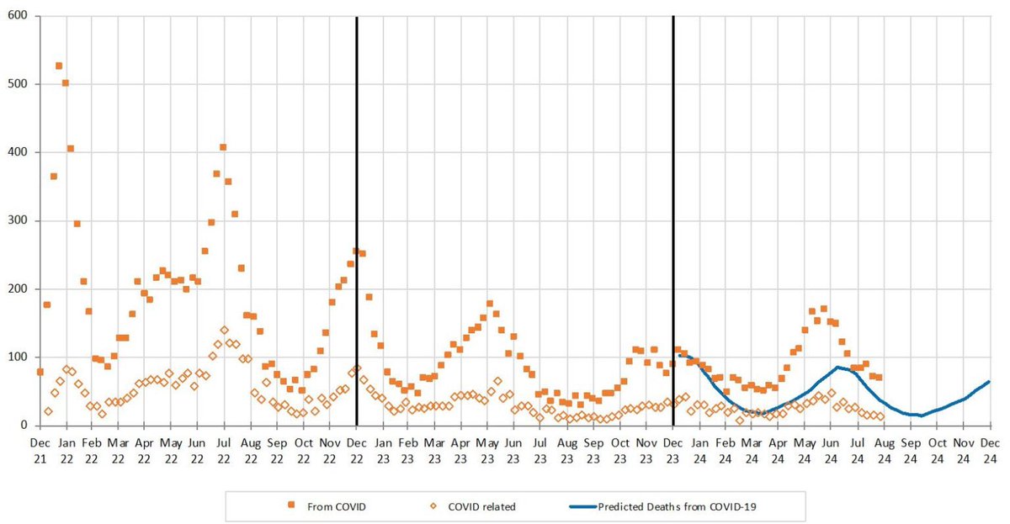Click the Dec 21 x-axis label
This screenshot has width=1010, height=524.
pyautogui.click(x=40, y=450)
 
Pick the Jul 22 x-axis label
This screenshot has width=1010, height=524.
pyautogui.click(x=224, y=450)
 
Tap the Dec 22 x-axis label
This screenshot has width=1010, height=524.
pyautogui.click(x=356, y=450)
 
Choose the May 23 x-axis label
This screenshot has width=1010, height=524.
pyautogui.click(x=487, y=450)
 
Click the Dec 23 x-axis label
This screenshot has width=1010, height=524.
pyautogui.click(x=673, y=450)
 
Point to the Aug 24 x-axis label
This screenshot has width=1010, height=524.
pyautogui.click(x=884, y=450)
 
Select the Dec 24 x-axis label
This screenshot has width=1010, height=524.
pyautogui.click(x=989, y=450)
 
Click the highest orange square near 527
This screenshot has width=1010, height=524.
pyautogui.click(x=59, y=66)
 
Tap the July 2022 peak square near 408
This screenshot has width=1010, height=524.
pyautogui.click(x=223, y=147)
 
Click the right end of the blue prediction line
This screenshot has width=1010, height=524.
pyautogui.click(x=989, y=382)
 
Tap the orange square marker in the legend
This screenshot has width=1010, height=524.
pyautogui.click(x=292, y=505)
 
